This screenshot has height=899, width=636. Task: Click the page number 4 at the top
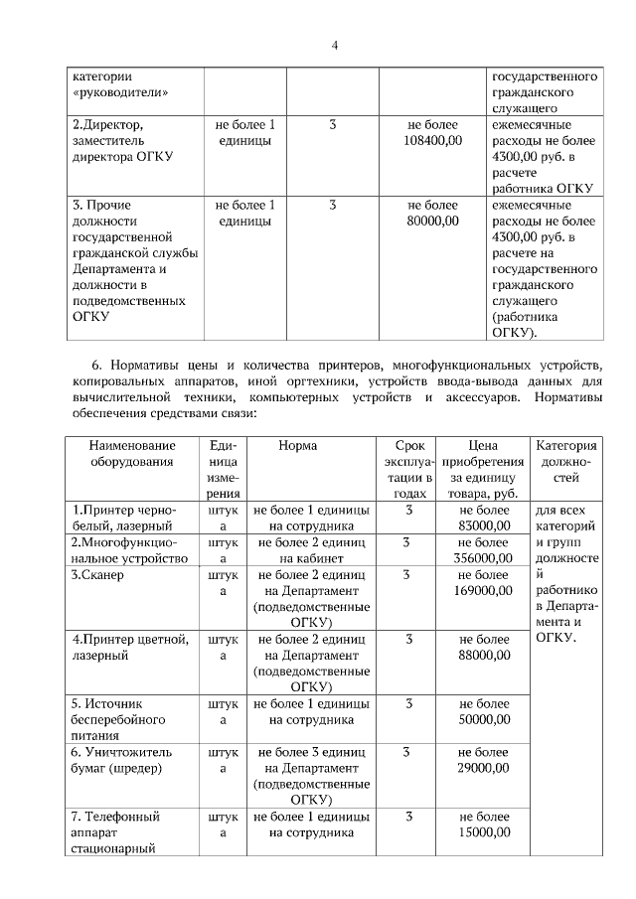pos(335,46)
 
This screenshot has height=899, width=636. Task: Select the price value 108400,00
pos(433,142)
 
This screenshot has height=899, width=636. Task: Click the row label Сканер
pos(96,575)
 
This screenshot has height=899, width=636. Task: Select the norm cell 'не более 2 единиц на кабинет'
pos(311,550)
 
